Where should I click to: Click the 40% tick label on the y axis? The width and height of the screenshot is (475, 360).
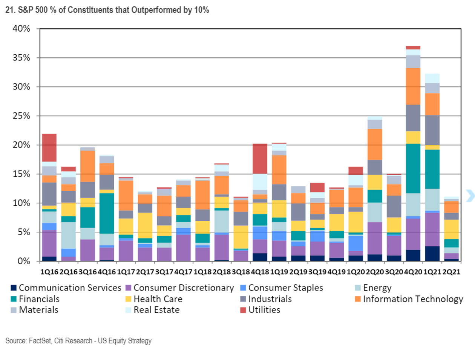pos(21,29)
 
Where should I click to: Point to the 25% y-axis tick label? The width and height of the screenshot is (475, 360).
pos(21,116)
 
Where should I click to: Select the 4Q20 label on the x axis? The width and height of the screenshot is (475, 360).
pos(413,272)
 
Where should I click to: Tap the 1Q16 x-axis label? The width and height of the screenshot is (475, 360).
pos(49,272)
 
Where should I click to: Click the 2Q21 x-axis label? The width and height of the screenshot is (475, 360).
pos(451,272)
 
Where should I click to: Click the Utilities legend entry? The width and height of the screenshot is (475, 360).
pos(264,310)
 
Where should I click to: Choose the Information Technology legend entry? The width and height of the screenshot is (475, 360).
pos(412,299)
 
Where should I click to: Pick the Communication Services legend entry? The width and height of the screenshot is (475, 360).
pos(70,288)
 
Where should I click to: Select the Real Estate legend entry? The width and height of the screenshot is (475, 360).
pos(156,310)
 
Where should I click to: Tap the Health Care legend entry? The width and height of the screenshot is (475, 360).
pos(158,299)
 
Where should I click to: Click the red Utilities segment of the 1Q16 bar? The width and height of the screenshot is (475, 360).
pos(49,148)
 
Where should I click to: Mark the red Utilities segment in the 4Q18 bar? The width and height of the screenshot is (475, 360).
pos(260,158)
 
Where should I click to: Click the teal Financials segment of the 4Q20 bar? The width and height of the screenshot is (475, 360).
pos(413,168)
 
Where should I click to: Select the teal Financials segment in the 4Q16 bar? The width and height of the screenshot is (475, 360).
pos(107,213)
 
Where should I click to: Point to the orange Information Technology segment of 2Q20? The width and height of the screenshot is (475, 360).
pos(375,144)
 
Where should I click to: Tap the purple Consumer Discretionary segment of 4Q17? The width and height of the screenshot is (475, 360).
pos(183,248)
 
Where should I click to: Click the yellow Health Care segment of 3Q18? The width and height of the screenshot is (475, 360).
pos(241,237)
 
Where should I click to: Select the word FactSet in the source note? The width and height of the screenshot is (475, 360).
pos(40,341)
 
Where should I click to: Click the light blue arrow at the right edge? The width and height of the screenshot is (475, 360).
pos(470,196)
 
